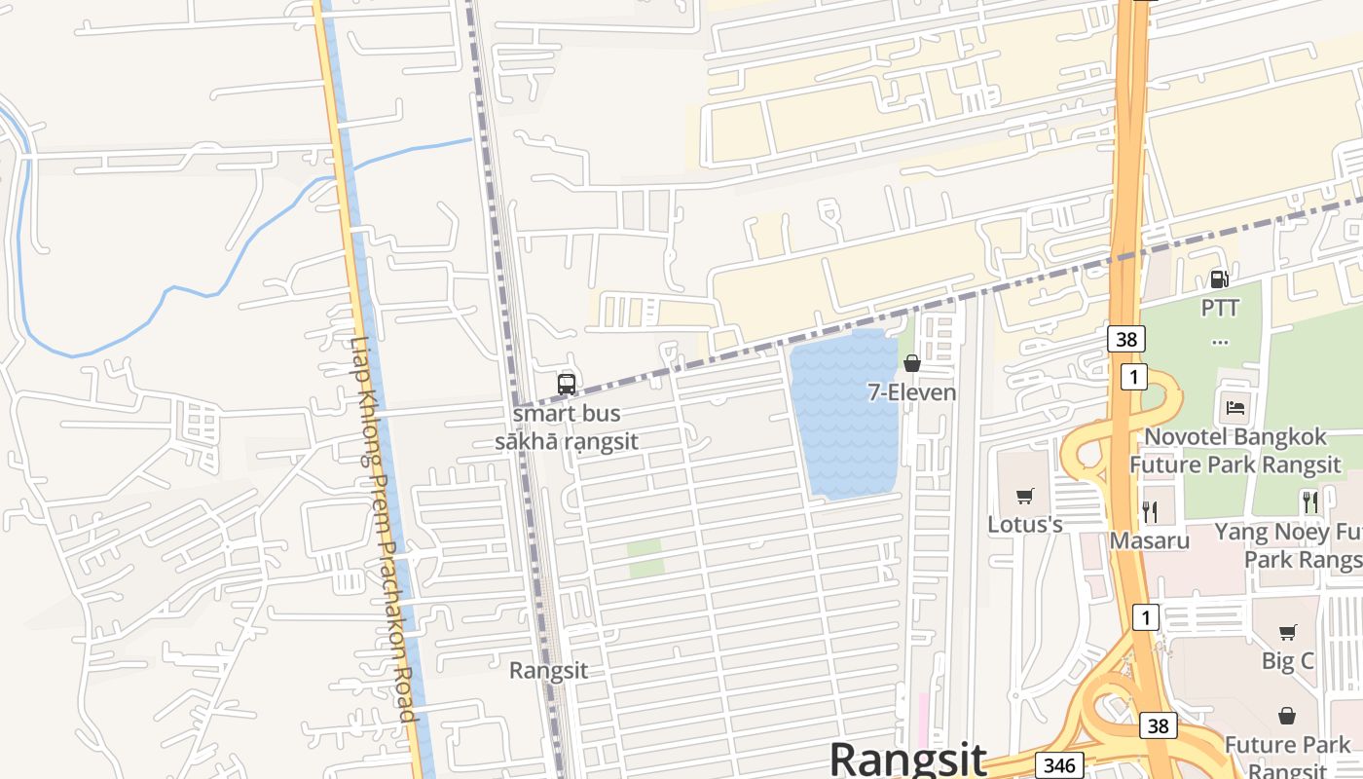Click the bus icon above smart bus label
(x=567, y=384)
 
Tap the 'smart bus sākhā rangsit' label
(x=567, y=427)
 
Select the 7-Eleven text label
(x=912, y=392)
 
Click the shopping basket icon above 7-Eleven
(x=912, y=363)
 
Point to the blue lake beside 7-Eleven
(x=843, y=419)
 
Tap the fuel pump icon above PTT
(x=1219, y=279)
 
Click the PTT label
(x=1220, y=309)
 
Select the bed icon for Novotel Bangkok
(x=1234, y=407)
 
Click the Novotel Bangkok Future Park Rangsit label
(x=1234, y=451)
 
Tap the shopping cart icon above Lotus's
(x=1024, y=497)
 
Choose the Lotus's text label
(x=1024, y=525)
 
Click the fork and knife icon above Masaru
(x=1150, y=510)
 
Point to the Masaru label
(x=1150, y=539)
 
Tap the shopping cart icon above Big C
(x=1287, y=632)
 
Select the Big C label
(x=1287, y=661)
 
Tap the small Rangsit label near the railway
(x=548, y=671)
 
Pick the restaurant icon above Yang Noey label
(x=1310, y=502)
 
